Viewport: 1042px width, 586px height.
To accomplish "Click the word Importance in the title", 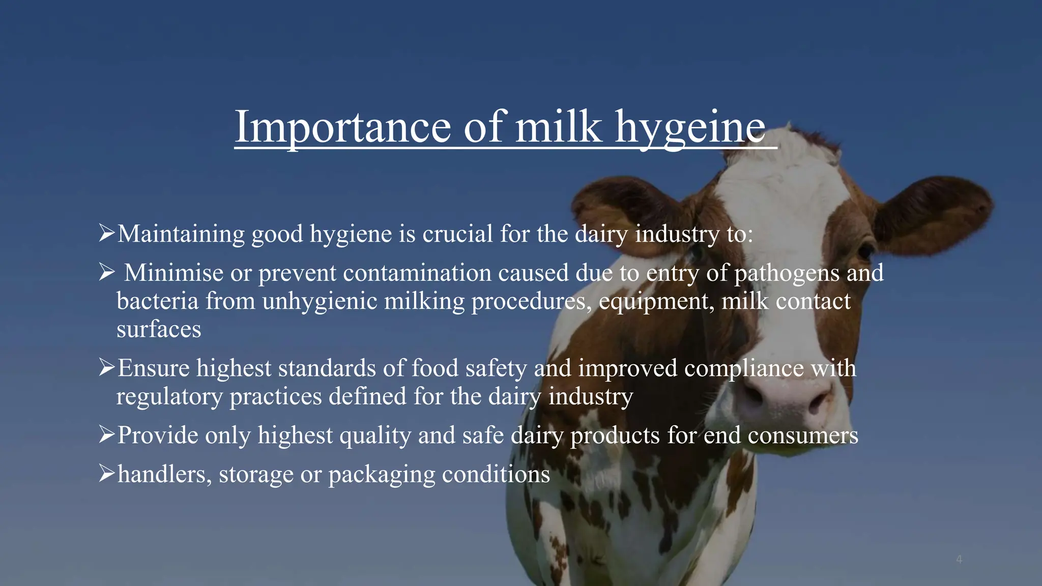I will point(342,127).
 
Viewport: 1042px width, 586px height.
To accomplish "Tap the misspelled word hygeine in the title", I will point(690,127).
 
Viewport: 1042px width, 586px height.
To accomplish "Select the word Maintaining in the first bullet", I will point(181,234).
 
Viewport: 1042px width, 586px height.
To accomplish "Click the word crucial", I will point(457,234).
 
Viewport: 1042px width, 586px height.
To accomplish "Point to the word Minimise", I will point(173,273).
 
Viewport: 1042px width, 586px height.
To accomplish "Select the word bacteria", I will point(157,301).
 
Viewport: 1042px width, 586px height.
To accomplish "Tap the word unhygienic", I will point(320,302).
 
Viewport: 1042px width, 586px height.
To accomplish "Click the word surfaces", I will point(159,329).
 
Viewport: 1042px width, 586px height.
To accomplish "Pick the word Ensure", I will point(153,368).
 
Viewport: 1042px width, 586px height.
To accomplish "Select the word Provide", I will point(158,435).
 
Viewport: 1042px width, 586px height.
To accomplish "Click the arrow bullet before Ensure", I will point(106,367).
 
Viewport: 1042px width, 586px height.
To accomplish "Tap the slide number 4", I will point(959,560).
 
